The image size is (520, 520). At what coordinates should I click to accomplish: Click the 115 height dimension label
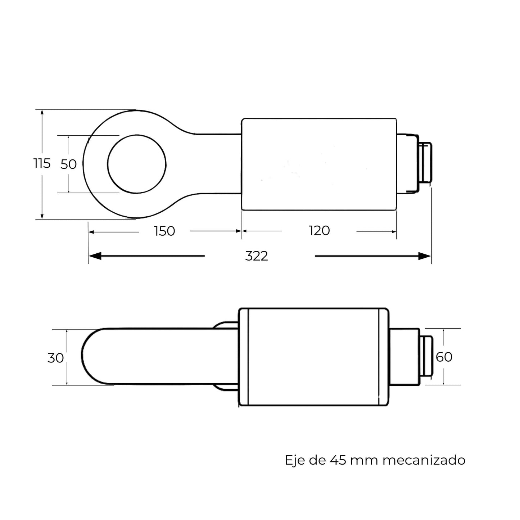pyautogui.click(x=42, y=163)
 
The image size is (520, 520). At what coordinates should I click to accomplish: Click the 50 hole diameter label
pyautogui.click(x=68, y=164)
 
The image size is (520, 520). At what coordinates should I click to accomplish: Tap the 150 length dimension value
pyautogui.click(x=164, y=231)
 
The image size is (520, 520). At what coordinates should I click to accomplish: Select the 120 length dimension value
pyautogui.click(x=319, y=231)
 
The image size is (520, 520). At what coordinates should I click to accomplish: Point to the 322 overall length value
pyautogui.click(x=257, y=256)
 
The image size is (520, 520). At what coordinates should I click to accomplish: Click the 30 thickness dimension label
pyautogui.click(x=56, y=358)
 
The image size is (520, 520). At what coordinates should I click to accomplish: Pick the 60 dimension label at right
pyautogui.click(x=444, y=357)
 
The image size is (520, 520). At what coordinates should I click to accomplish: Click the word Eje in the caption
pyautogui.click(x=293, y=460)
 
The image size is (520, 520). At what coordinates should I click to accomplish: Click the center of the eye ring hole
pyautogui.click(x=137, y=164)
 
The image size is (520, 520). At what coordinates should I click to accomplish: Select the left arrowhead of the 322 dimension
pyautogui.click(x=94, y=256)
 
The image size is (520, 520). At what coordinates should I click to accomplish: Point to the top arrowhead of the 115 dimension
pyautogui.click(x=42, y=113)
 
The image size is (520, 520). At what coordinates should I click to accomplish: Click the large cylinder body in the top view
pyautogui.click(x=319, y=164)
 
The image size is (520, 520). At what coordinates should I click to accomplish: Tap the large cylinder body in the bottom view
pyautogui.click(x=313, y=357)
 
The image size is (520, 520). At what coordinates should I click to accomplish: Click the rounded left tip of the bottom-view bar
pyautogui.click(x=86, y=356)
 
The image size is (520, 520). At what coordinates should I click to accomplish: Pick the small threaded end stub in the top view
pyautogui.click(x=426, y=164)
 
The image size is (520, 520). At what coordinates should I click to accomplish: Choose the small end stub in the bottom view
pyautogui.click(x=427, y=356)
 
